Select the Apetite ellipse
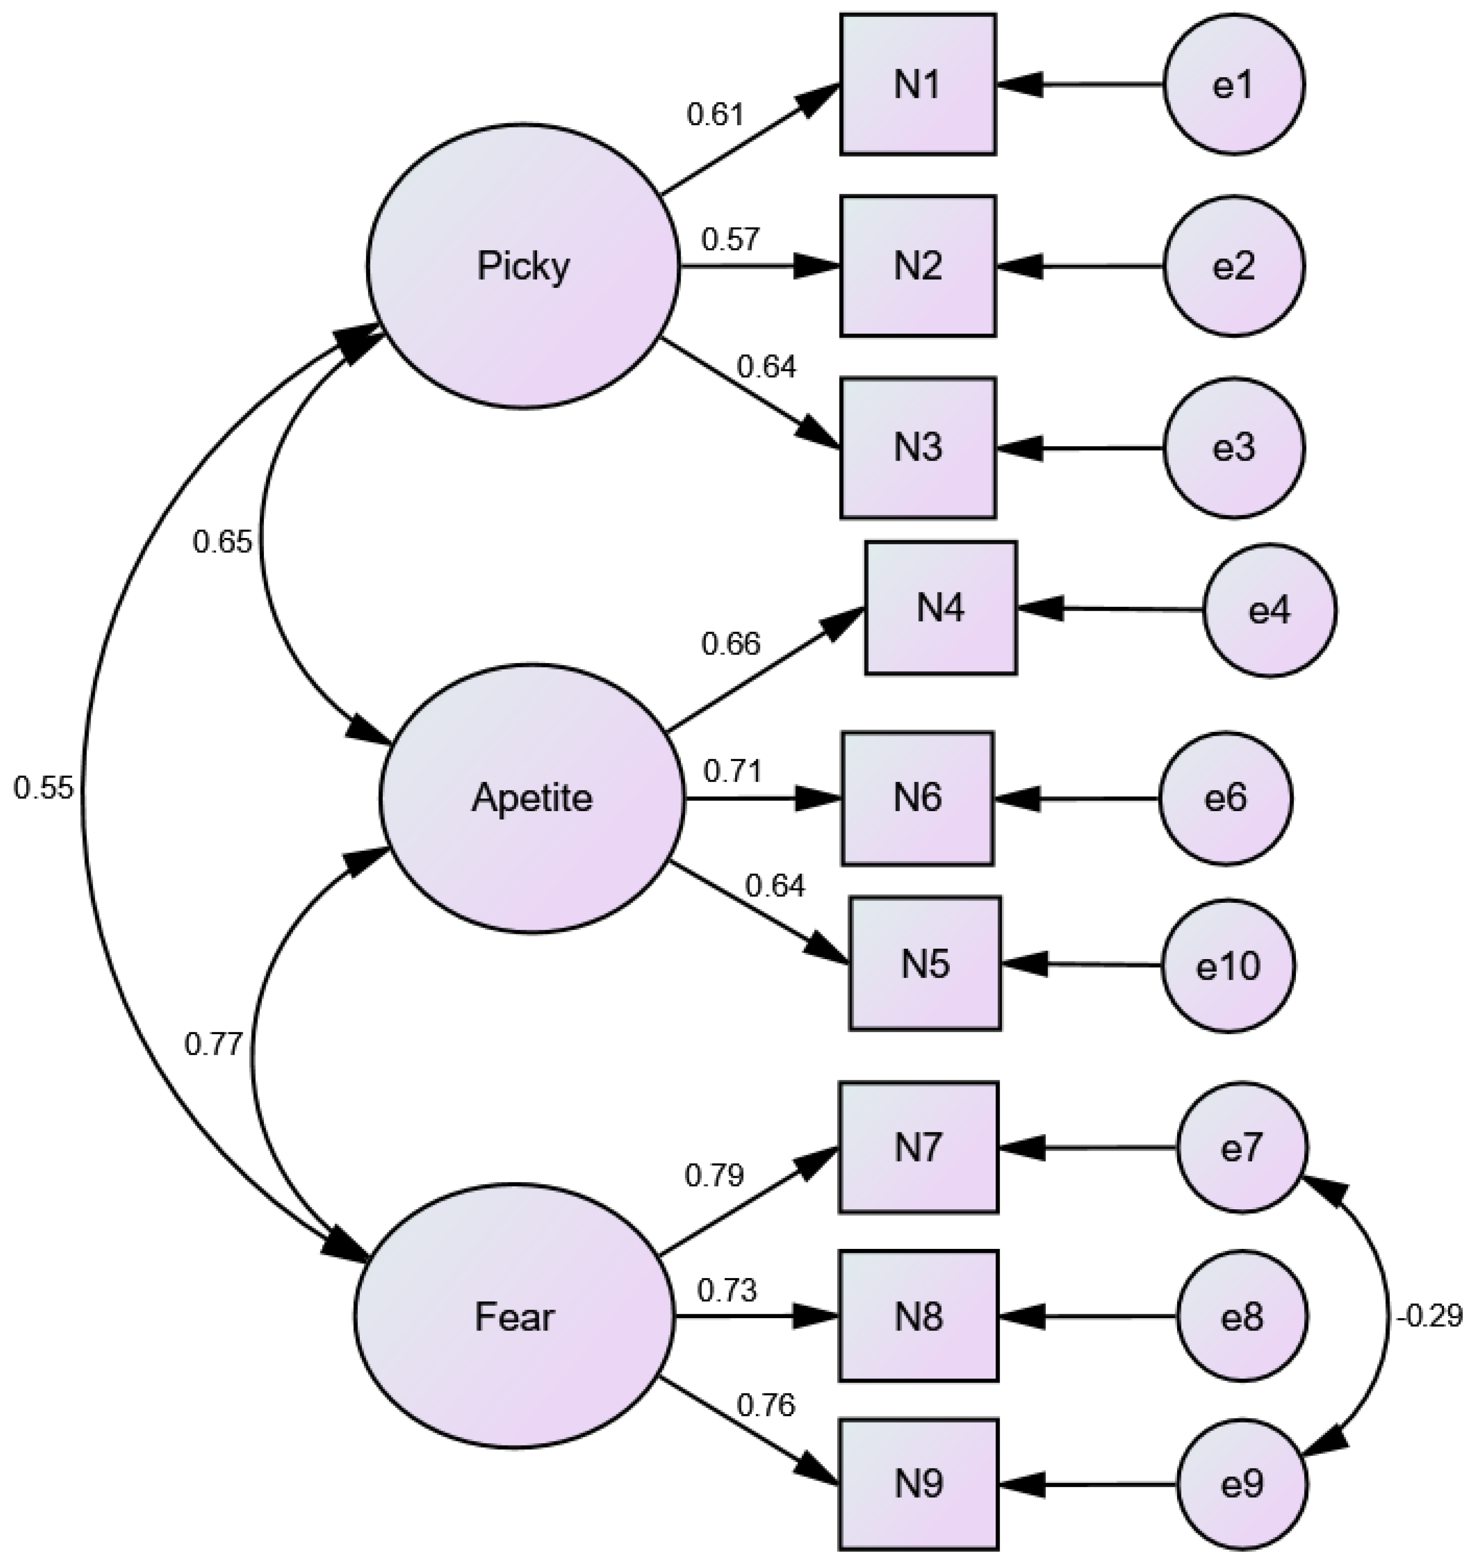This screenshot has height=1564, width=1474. point(533,799)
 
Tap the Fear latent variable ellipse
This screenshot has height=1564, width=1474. point(515,1316)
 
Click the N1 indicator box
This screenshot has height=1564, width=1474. point(918,84)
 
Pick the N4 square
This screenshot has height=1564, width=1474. point(941,607)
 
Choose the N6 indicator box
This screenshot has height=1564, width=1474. point(918,799)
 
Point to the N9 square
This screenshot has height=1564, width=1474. point(919,1485)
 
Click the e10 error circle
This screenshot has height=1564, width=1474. point(1228,965)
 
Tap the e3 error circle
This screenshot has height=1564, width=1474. point(1233,448)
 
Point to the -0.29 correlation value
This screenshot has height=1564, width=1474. point(1428,1316)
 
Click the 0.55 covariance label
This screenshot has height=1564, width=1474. point(43,788)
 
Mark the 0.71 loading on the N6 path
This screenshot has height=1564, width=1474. point(732,772)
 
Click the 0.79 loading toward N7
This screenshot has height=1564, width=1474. point(714,1175)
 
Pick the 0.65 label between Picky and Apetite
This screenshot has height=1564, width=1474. point(222,542)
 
